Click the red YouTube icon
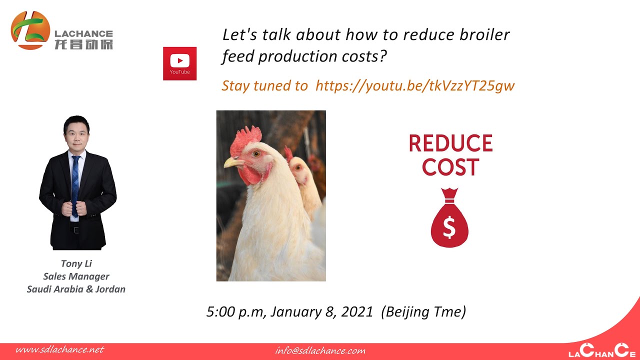(179, 63)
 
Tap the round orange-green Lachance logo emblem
(30, 30)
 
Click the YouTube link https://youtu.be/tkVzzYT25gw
(415, 85)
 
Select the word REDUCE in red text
(450, 143)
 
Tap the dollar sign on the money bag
(449, 227)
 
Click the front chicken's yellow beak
(232, 162)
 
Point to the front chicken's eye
(256, 153)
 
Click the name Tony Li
(76, 263)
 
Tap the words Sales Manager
(76, 276)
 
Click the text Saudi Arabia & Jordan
(76, 289)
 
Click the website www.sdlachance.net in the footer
(59, 349)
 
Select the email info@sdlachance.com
(320, 350)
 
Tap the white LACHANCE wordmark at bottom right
(598, 351)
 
